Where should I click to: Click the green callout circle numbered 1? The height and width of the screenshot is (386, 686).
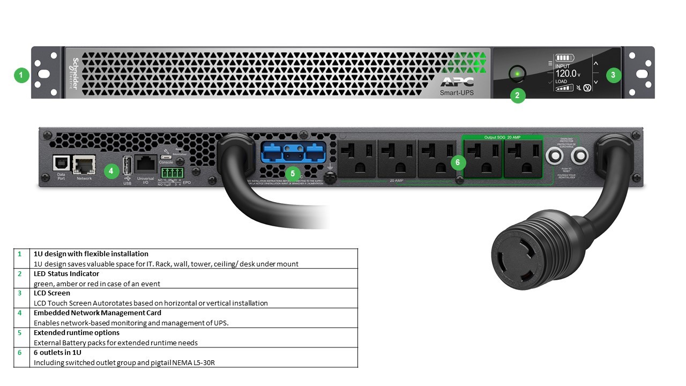pyautogui.click(x=21, y=75)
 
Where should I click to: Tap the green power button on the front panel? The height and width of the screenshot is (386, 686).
pyautogui.click(x=517, y=73)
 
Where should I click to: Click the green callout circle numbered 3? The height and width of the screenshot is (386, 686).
pyautogui.click(x=614, y=75)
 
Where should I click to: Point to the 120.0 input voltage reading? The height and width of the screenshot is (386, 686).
pyautogui.click(x=566, y=73)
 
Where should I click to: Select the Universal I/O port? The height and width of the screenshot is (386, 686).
pyautogui.click(x=146, y=164)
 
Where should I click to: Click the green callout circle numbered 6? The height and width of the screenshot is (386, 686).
pyautogui.click(x=458, y=162)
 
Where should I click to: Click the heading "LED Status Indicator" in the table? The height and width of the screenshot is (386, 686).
pyautogui.click(x=66, y=274)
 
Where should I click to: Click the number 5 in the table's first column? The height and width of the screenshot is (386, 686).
pyautogui.click(x=20, y=333)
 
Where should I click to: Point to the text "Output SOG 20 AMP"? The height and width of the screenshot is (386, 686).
pyautogui.click(x=502, y=137)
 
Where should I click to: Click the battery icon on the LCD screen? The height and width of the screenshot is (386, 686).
pyautogui.click(x=564, y=57)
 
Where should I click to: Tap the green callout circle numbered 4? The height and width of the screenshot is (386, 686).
pyautogui.click(x=111, y=172)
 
